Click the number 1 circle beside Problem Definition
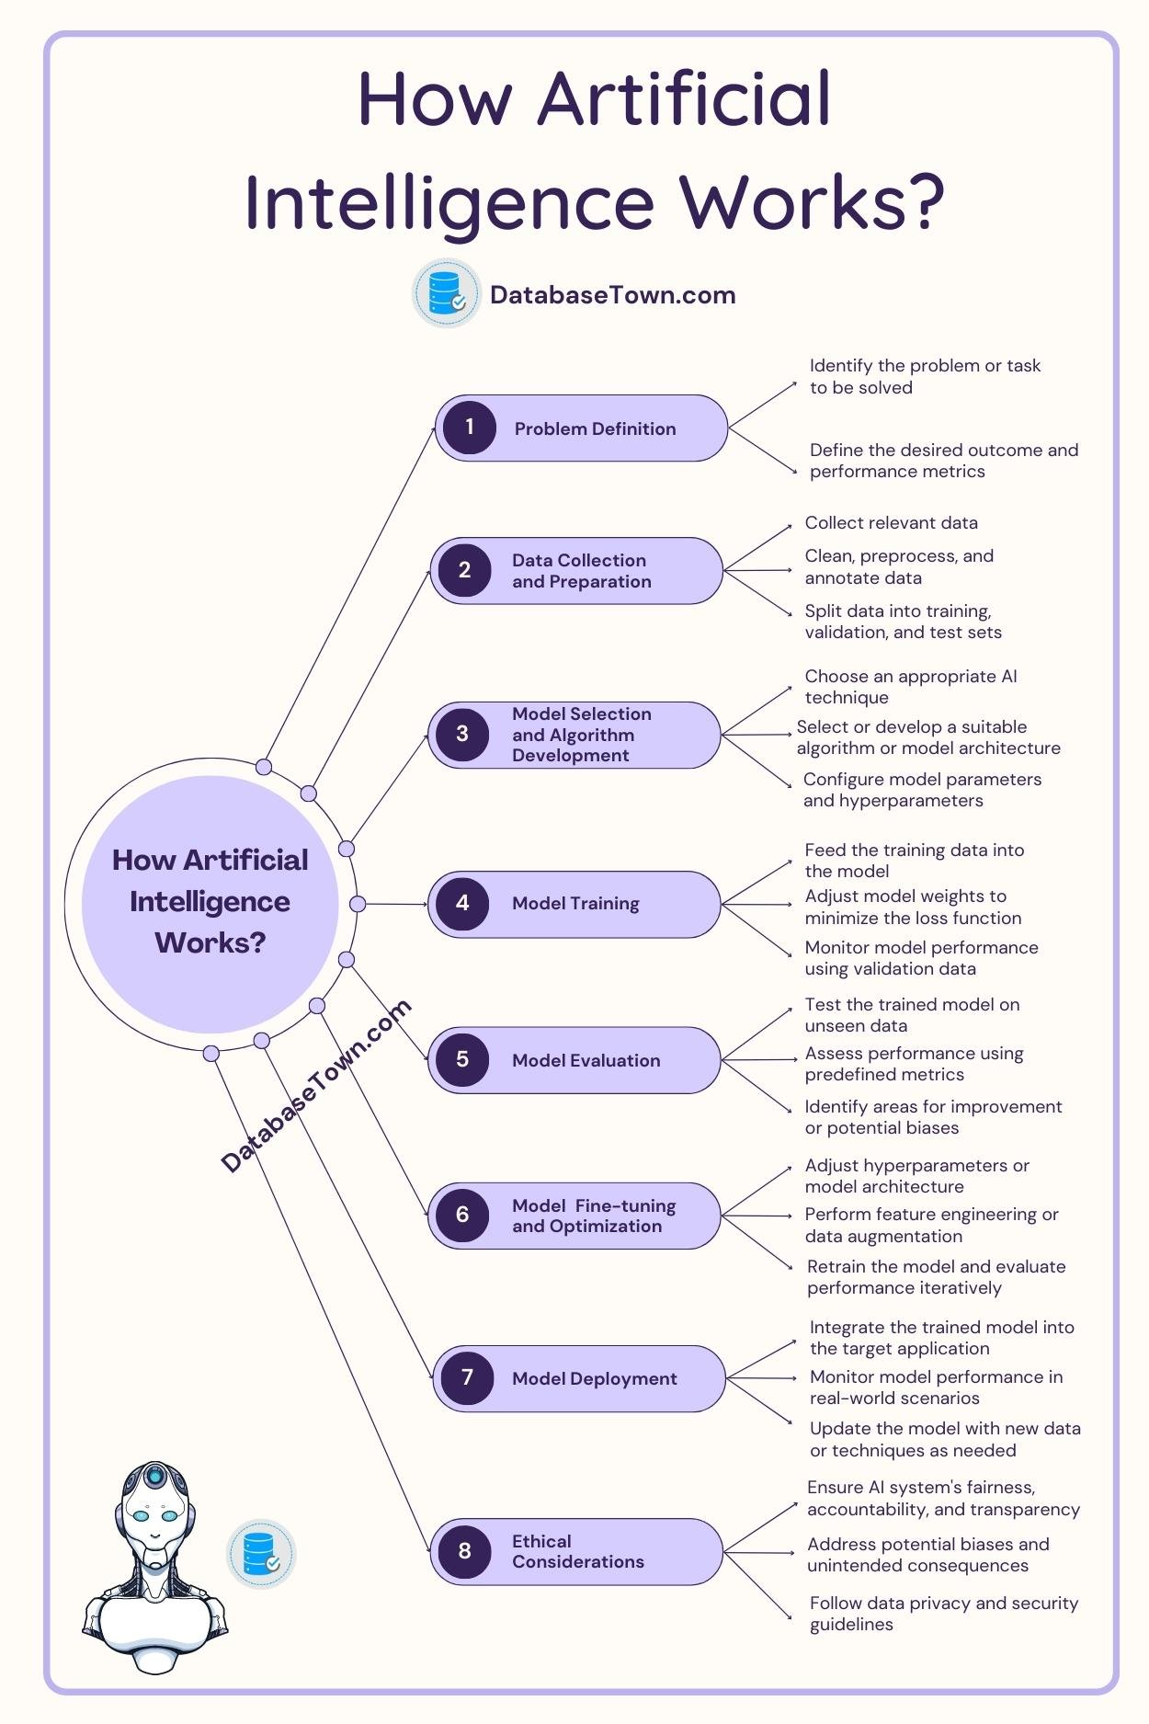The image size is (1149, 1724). pos(470,428)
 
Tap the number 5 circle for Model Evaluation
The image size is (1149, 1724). pos(462,1059)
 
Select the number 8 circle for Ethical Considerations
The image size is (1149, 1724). pos(464,1551)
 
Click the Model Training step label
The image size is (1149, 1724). pos(575,903)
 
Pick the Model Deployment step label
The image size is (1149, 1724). pos(594,1378)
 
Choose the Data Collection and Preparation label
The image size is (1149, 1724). pos(581,570)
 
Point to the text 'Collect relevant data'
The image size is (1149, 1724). pos(891,522)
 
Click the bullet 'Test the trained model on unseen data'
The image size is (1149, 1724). pos(911,1014)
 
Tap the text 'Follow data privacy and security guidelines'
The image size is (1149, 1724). pos(943,1613)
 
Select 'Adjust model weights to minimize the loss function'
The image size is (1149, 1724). pos(912,907)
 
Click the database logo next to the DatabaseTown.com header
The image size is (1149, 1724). pos(447,293)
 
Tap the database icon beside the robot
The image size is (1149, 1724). pos(262,1553)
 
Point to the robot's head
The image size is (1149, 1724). pos(154,1508)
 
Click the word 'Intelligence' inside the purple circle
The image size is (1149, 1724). pos(210,901)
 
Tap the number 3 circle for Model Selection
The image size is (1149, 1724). pos(462,734)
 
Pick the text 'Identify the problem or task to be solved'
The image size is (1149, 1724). pos(924,376)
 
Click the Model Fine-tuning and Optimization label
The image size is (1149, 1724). pos(593,1215)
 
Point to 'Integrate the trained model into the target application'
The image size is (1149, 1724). pos(940,1337)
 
